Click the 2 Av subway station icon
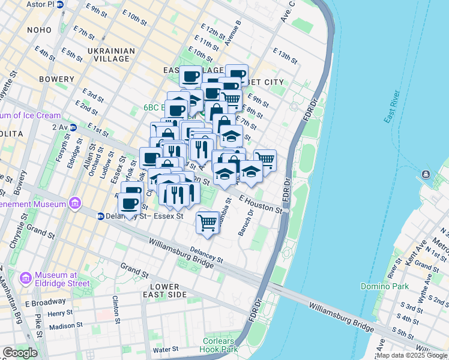72,127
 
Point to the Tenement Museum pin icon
74,204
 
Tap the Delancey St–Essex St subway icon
101,216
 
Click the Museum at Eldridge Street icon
26,278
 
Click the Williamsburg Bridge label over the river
341,316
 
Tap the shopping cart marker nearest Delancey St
208,222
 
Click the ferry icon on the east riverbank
426,175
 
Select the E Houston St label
261,203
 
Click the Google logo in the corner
19,353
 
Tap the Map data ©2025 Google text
412,355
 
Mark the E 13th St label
285,56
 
